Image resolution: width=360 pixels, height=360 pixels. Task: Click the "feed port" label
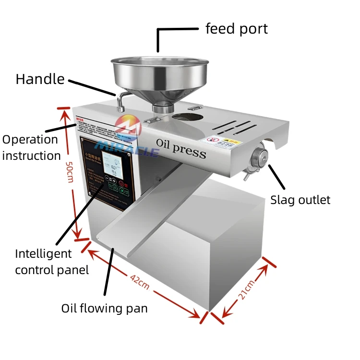tap(236, 29)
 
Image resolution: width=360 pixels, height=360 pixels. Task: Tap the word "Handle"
tap(40, 79)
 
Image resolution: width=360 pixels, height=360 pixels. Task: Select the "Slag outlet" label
tap(300, 200)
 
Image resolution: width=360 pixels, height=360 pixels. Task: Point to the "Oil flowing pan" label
tap(104, 308)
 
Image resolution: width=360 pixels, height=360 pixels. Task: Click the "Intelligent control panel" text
tap(51, 262)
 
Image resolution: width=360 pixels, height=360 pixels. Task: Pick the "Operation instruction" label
tap(31, 147)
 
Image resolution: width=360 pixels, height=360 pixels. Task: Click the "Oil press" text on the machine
tap(181, 147)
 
